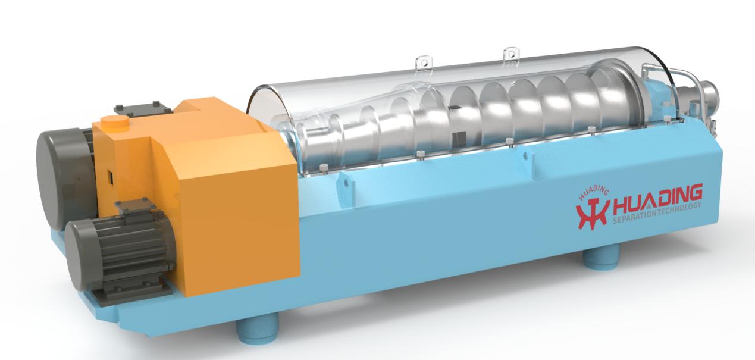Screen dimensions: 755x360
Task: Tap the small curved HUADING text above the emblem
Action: coord(593,193)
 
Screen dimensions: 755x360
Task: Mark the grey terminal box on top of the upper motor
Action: coord(144,108)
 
